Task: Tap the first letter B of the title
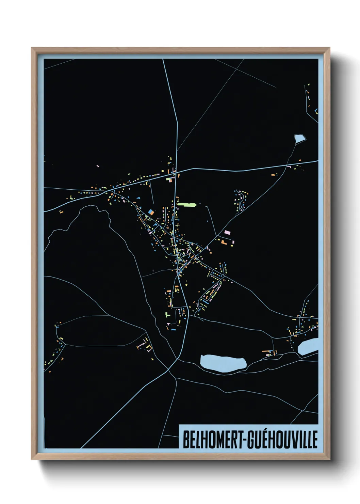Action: pyautogui.click(x=186, y=440)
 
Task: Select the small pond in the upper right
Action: pyautogui.click(x=299, y=138)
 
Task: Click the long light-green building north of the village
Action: pyautogui.click(x=187, y=205)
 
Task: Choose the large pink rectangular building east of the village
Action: pyautogui.click(x=227, y=232)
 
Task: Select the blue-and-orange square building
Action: pyautogui.click(x=151, y=212)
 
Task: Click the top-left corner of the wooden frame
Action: pyautogui.click(x=32, y=48)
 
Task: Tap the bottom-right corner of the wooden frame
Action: pyautogui.click(x=329, y=459)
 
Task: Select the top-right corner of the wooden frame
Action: pyautogui.click(x=329, y=48)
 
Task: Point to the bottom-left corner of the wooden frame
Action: pyautogui.click(x=32, y=459)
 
